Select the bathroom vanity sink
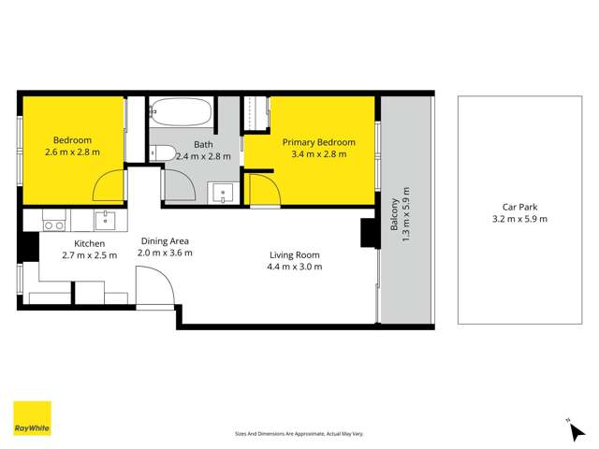tap(222, 193)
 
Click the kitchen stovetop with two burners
tap(54, 223)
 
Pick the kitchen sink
tap(105, 221)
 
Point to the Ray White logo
tap(32, 419)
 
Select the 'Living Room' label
tap(295, 254)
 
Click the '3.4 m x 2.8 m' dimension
tap(319, 154)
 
